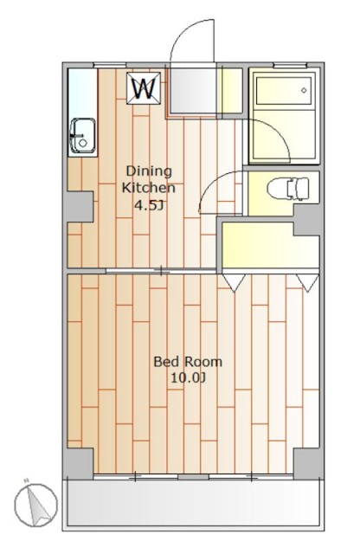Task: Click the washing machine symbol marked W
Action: (144, 88)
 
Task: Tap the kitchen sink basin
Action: (83, 136)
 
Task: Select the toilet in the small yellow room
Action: (288, 189)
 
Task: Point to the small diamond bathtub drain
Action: (304, 90)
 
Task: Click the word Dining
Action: (149, 171)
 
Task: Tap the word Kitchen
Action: (148, 187)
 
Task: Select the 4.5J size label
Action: (148, 205)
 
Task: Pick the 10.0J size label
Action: (188, 378)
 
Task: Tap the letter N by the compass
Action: (26, 481)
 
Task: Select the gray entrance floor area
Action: (193, 90)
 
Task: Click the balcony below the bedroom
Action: (193, 503)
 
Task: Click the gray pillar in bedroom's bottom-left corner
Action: (79, 463)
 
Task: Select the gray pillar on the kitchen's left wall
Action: (79, 207)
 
